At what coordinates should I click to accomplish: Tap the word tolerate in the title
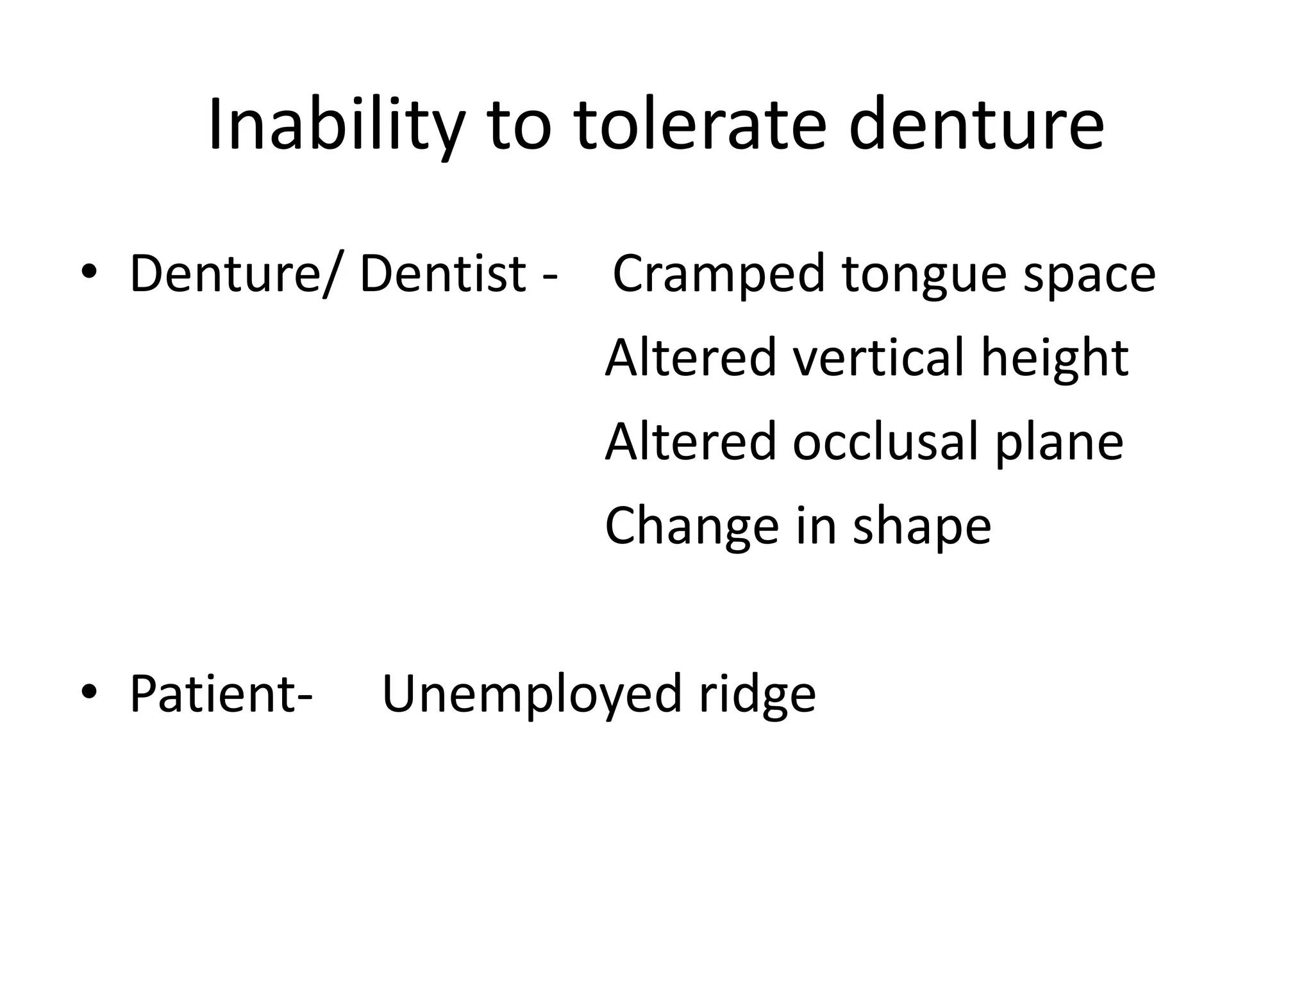tap(700, 126)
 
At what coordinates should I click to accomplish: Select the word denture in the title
tap(976, 126)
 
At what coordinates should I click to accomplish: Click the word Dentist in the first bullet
tap(442, 274)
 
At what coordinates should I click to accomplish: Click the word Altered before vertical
tap(690, 358)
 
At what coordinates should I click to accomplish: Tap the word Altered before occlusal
tap(690, 442)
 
